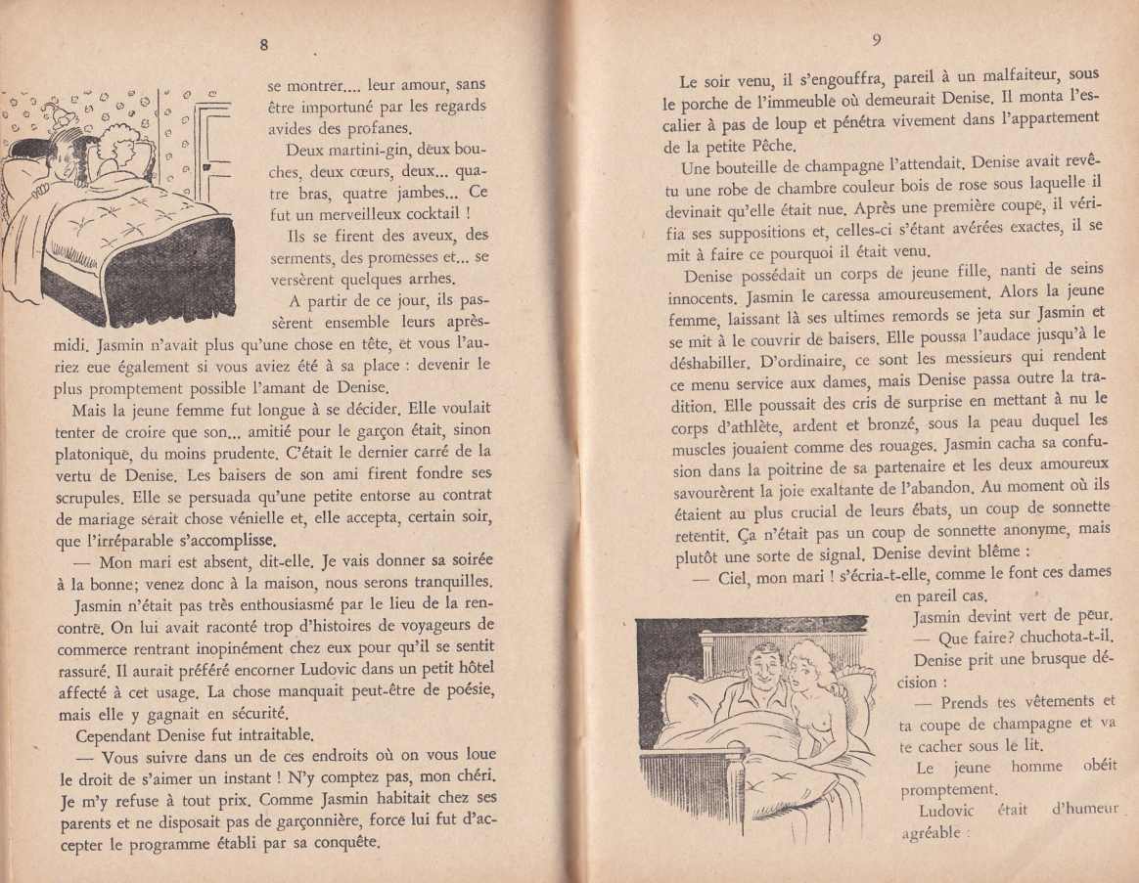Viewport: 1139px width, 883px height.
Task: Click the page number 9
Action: [x=876, y=40]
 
